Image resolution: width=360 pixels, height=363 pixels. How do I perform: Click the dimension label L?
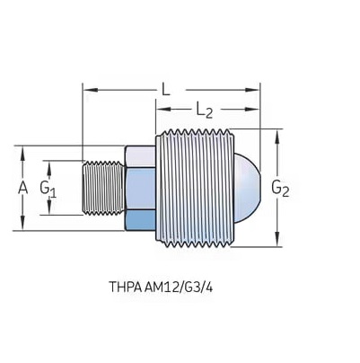(165, 89)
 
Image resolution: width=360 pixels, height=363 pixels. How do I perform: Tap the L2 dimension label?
(205, 111)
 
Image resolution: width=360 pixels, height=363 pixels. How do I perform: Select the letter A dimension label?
(22, 189)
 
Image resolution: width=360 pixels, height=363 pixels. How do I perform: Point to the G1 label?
(48, 189)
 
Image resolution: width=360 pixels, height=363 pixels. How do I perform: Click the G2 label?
(280, 189)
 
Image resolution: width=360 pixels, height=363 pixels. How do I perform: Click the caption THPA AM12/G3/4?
(161, 287)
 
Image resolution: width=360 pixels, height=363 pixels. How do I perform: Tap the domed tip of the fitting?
(247, 189)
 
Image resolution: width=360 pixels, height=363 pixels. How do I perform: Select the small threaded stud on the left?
(103, 188)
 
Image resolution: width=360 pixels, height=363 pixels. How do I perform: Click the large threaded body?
(194, 188)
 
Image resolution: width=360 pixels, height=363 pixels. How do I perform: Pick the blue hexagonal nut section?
(140, 188)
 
